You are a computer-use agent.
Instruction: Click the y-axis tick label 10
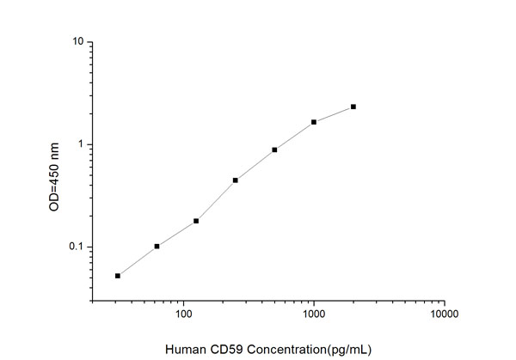77,42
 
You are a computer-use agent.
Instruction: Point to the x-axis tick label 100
183,315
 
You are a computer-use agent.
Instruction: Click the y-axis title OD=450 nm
54,174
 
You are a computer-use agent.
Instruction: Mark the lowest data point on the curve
118,276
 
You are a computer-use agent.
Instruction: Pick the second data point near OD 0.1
157,246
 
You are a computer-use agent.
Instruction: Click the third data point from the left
196,221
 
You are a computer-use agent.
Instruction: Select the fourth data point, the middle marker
235,180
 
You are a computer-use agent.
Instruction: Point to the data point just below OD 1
274,149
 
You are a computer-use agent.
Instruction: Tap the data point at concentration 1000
314,122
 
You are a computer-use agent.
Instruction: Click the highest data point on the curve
353,107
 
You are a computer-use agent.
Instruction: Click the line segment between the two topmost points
334,114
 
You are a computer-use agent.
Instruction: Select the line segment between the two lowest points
138,260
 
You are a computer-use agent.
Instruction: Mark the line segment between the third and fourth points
216,200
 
